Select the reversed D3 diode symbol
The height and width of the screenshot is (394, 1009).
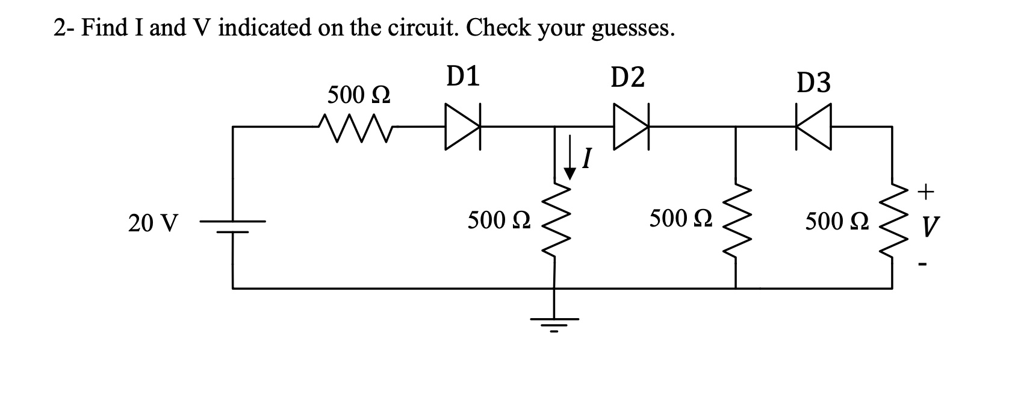(813, 127)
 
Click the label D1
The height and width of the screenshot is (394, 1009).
(463, 77)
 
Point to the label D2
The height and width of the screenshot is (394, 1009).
(627, 77)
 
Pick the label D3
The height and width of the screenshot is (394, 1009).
(813, 83)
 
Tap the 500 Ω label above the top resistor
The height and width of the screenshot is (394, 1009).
(358, 95)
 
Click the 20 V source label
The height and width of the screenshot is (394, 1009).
(154, 224)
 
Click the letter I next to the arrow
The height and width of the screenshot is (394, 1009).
(588, 160)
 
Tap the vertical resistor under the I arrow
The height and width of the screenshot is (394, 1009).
(554, 222)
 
